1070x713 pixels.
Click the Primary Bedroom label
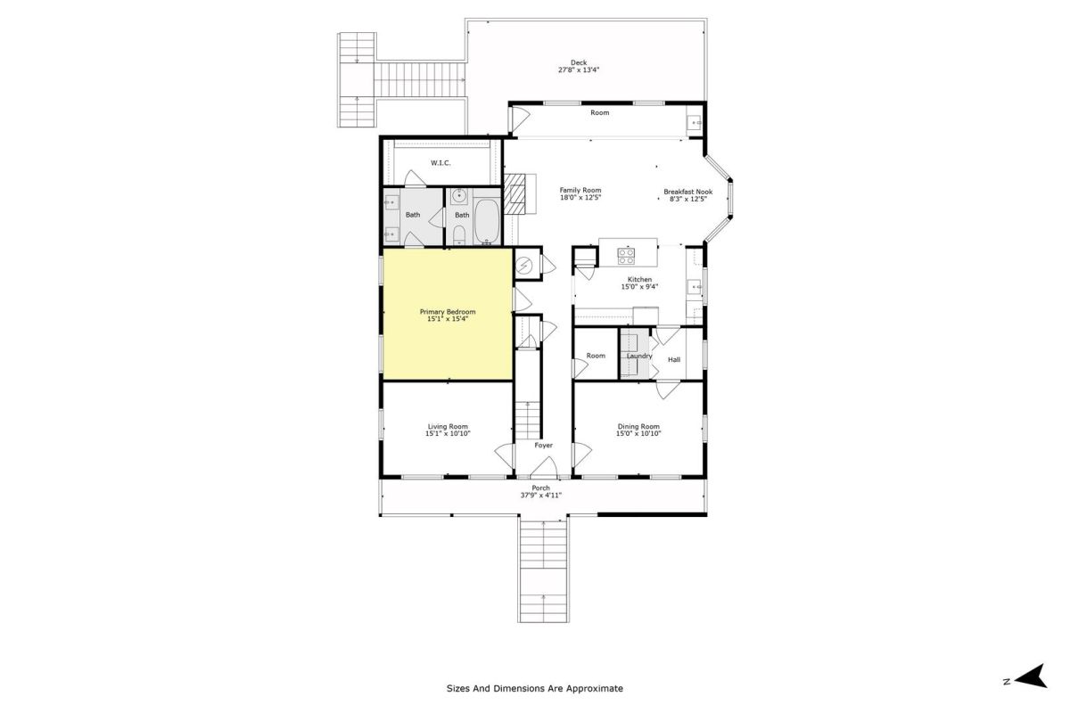448,312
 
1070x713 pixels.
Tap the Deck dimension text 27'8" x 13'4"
579,70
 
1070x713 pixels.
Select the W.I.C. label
440,163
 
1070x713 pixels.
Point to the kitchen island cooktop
626,256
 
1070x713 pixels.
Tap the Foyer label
544,445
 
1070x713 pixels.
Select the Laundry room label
639,356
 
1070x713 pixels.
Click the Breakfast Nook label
687,192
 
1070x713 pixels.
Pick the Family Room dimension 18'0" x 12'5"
580,197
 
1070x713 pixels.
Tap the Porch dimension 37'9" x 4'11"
540,496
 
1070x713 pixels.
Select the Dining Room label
638,426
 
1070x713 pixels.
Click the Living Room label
448,426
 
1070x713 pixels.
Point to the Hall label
674,359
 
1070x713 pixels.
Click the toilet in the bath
458,234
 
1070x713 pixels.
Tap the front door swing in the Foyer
545,467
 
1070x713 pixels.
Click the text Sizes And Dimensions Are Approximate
534,688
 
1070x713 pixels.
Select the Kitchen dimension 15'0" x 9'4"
639,287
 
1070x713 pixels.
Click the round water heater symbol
524,264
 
